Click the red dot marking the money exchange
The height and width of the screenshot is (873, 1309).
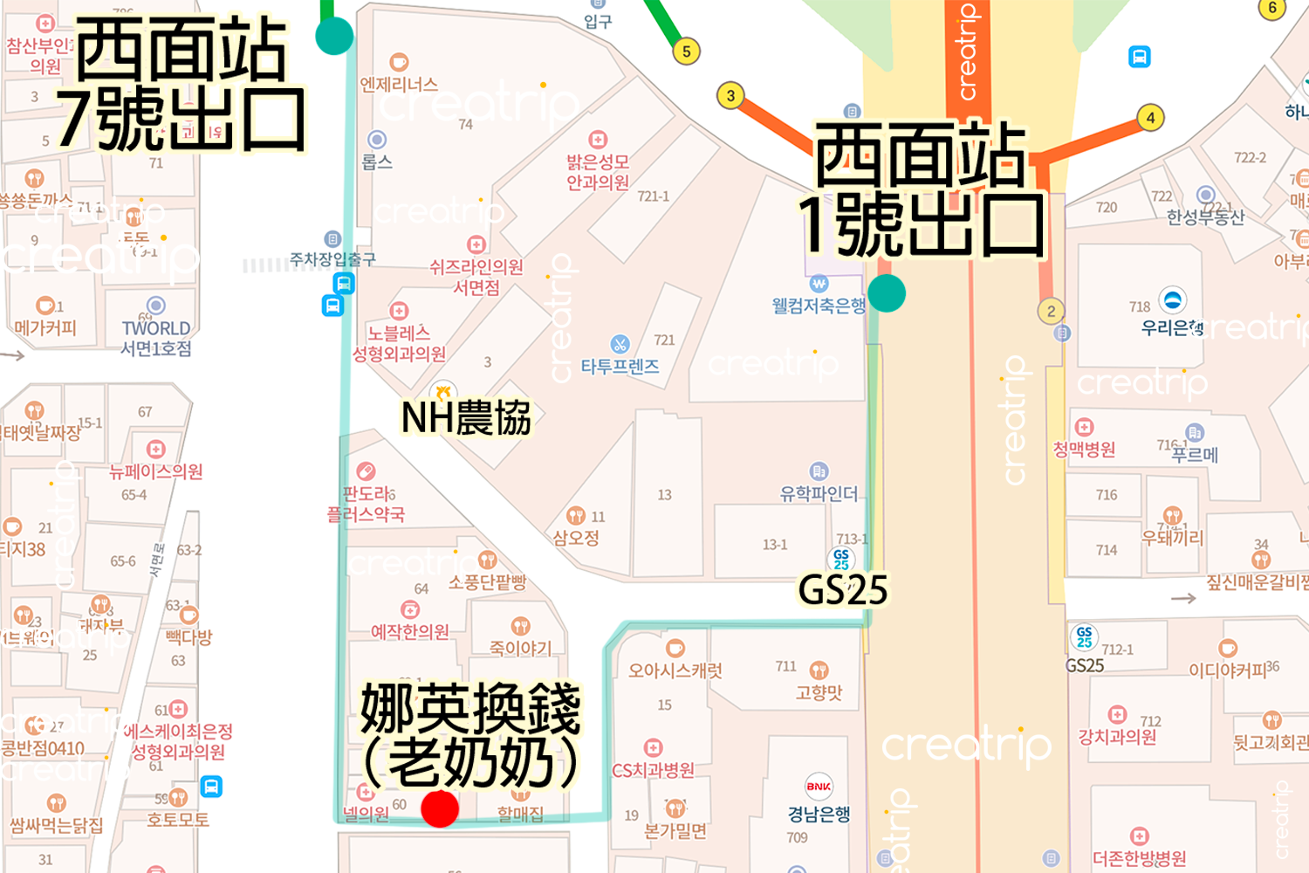tap(440, 809)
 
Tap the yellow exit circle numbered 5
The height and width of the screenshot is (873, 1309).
tap(687, 52)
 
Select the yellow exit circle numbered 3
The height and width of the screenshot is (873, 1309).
tap(730, 96)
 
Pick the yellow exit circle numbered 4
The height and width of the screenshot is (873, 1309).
tap(1150, 118)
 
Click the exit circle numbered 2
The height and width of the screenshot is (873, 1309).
tap(1051, 311)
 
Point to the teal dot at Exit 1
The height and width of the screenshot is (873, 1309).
tap(887, 293)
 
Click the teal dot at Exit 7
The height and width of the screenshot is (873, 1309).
tap(334, 37)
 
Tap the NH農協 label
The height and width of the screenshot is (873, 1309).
tap(466, 418)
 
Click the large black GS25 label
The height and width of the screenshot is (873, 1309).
tap(843, 591)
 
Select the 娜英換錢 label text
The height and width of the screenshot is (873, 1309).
tap(471, 710)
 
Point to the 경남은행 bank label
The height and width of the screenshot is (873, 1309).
tap(819, 814)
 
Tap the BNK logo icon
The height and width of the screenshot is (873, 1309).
tap(819, 787)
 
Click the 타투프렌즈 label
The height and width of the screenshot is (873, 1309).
tap(620, 367)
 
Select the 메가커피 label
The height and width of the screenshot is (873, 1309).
tap(45, 328)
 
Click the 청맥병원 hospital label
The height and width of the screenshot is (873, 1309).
tap(1084, 449)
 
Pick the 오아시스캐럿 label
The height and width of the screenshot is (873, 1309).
tap(675, 670)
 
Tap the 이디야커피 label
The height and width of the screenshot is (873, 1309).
tap(1227, 670)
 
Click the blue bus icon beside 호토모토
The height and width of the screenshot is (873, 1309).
tap(211, 787)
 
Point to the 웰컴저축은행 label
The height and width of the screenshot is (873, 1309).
tap(819, 305)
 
